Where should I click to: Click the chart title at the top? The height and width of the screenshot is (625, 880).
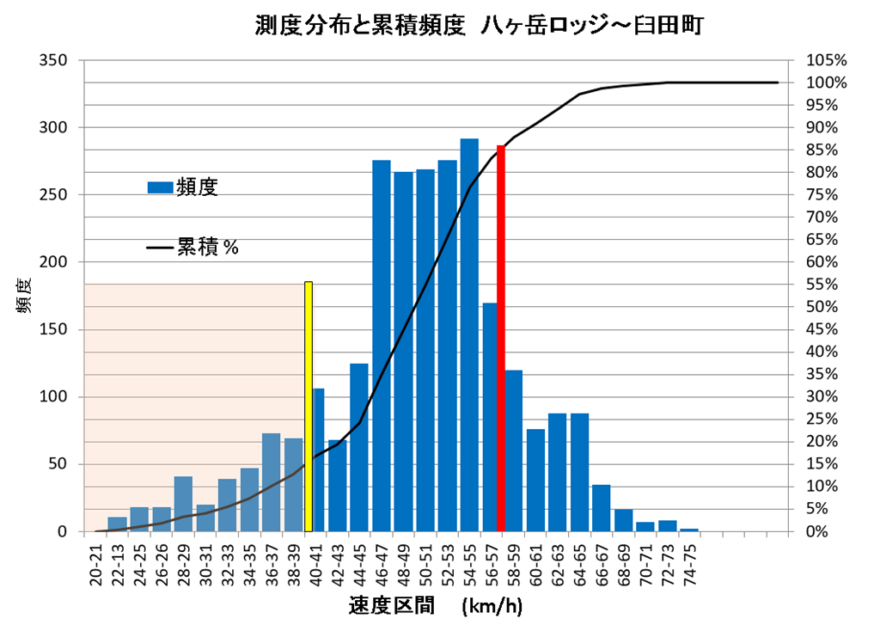[480, 25]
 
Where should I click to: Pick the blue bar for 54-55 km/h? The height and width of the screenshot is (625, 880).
[469, 335]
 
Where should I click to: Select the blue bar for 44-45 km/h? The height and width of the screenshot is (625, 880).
[359, 447]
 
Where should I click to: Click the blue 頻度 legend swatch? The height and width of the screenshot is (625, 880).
[160, 187]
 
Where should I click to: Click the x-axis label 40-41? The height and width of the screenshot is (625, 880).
[316, 562]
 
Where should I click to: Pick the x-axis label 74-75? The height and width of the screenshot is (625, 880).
[688, 562]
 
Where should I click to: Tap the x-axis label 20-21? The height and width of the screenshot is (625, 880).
[96, 562]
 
